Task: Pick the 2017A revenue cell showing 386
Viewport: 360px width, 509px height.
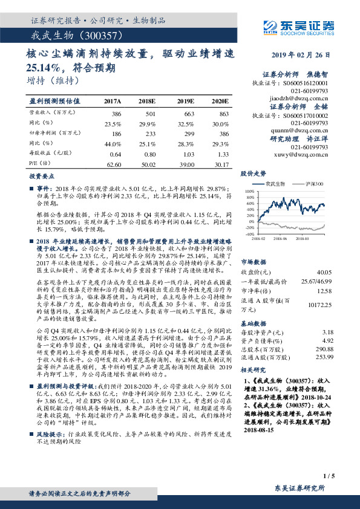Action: click(x=116, y=114)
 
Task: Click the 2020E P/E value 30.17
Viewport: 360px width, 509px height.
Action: click(x=219, y=163)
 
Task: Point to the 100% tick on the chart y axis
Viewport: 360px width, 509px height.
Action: click(x=250, y=191)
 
